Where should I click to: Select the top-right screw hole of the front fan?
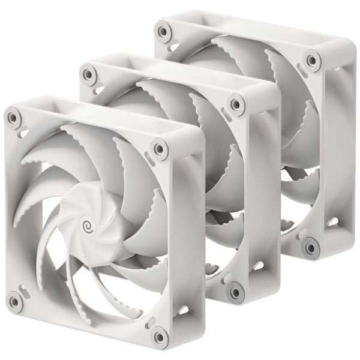pyautogui.click(x=160, y=148)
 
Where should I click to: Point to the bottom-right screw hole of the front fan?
pyautogui.click(x=160, y=337)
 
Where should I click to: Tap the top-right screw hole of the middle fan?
pyautogui.click(x=237, y=104)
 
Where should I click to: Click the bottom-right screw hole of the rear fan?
pyautogui.click(x=311, y=247)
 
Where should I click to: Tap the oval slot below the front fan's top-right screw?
pyautogui.click(x=151, y=160)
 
